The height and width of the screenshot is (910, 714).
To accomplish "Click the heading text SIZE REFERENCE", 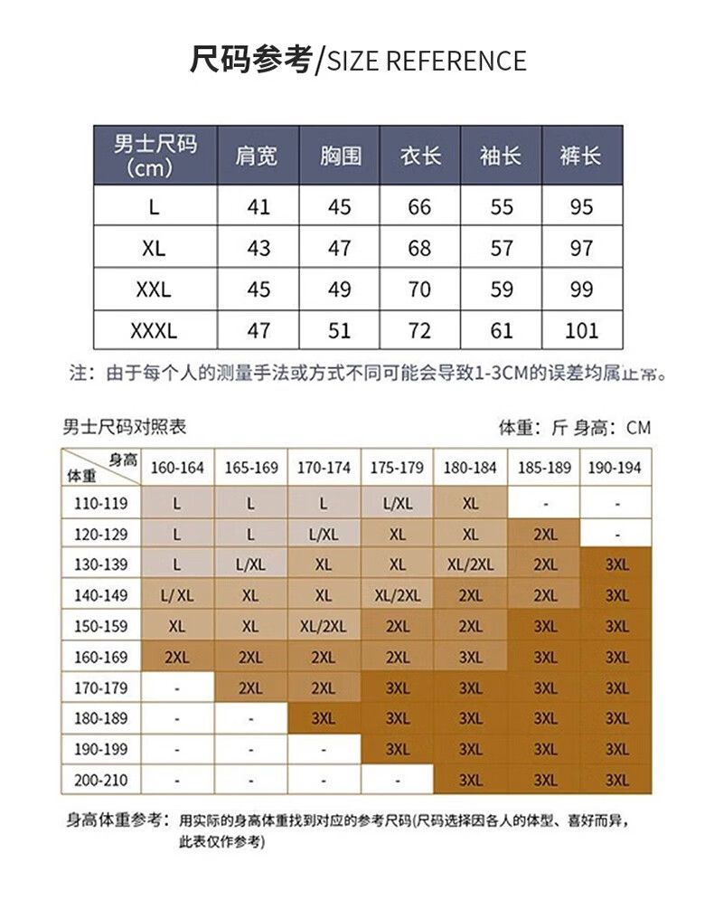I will click(x=426, y=62).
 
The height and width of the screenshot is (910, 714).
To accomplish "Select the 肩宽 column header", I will click(x=258, y=155).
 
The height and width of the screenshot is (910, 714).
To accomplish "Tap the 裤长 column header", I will click(x=581, y=155).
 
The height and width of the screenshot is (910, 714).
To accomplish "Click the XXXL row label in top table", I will click(x=155, y=330).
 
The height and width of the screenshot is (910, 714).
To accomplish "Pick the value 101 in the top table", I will click(x=581, y=330).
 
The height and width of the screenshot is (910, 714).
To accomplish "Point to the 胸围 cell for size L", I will click(x=339, y=207).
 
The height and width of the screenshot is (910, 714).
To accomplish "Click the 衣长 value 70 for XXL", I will click(x=420, y=289).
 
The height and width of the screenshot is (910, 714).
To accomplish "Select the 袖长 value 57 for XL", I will click(x=502, y=248).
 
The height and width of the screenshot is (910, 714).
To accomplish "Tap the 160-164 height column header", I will click(x=177, y=469).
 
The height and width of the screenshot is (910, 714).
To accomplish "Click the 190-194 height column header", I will click(x=616, y=469).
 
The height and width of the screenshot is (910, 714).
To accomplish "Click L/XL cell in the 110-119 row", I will click(x=398, y=503).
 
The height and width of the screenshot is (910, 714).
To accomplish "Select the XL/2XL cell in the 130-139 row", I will click(x=470, y=564).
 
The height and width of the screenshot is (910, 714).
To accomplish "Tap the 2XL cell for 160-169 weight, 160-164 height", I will click(x=177, y=657).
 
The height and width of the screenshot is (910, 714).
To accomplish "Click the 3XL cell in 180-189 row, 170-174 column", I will click(x=324, y=718).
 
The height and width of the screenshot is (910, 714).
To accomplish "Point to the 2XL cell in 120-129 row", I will click(x=545, y=534).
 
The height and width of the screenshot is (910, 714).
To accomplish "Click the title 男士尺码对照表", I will click(x=125, y=427).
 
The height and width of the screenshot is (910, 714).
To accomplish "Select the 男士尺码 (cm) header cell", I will click(x=155, y=155).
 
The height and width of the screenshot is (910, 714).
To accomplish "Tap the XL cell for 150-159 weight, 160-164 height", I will click(x=177, y=626).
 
